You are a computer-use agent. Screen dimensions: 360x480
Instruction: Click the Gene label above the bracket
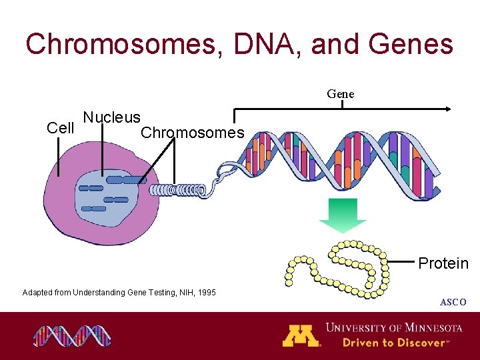tap(341, 94)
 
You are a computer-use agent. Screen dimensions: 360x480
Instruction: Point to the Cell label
tap(61, 128)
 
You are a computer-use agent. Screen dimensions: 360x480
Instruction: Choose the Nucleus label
tap(112, 118)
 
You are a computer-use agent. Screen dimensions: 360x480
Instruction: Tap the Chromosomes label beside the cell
tap(193, 133)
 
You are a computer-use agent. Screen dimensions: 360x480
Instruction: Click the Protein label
tap(443, 263)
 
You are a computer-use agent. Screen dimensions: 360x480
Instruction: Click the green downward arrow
tap(342, 215)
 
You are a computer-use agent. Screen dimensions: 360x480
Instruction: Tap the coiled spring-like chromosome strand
tap(177, 190)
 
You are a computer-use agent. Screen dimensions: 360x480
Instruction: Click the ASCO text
tap(453, 303)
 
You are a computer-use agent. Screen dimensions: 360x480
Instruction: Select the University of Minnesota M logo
tap(301, 335)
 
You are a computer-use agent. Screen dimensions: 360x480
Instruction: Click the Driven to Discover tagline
tap(393, 343)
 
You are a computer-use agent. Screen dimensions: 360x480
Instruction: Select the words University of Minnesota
tap(393, 327)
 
